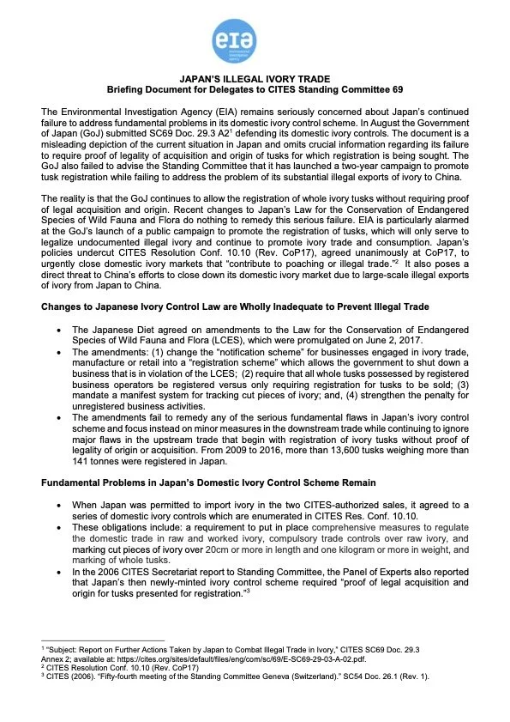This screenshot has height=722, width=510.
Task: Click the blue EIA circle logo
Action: tap(254, 39)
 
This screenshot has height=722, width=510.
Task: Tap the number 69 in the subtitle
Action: tap(395, 89)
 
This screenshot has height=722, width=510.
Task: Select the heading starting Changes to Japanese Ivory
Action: tap(220, 306)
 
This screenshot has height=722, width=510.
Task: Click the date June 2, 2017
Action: tap(354, 339)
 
